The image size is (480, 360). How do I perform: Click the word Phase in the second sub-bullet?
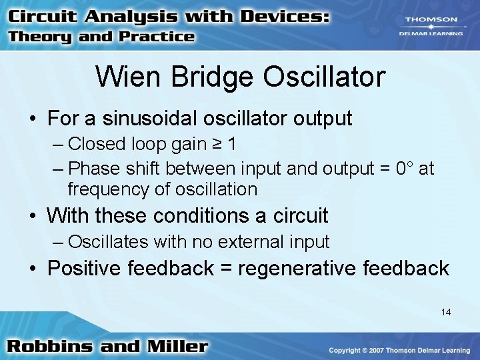[x=91, y=168]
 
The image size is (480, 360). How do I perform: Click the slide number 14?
[x=445, y=311]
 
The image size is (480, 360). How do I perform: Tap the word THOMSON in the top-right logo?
[x=431, y=20]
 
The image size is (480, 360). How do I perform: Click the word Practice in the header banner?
[x=157, y=37]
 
